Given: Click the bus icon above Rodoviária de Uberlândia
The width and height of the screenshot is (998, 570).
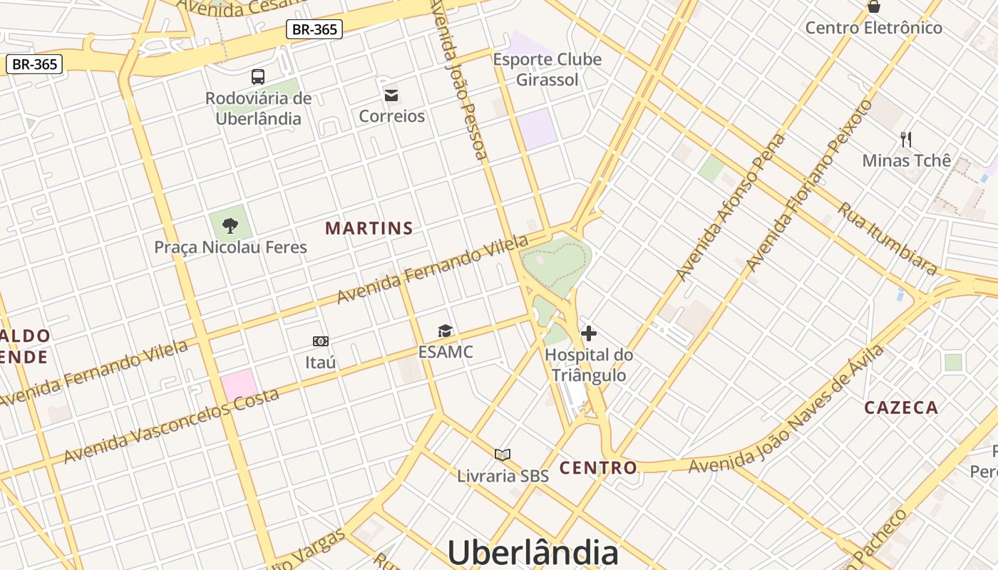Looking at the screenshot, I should (x=258, y=77).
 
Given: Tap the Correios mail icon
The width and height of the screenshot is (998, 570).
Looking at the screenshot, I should (x=391, y=95).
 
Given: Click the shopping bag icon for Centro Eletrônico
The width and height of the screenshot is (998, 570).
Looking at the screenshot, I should (x=873, y=6).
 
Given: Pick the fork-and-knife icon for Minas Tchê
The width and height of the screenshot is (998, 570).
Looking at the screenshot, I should (x=906, y=139).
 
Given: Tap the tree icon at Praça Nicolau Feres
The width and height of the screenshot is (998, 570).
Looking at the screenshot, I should (x=230, y=226).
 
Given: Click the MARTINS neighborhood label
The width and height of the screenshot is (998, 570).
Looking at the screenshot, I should (x=369, y=229).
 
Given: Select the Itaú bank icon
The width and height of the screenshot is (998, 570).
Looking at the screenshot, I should (x=321, y=341).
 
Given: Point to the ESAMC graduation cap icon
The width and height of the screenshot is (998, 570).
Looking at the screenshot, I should (x=446, y=331).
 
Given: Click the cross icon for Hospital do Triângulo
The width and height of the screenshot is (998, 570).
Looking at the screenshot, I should (x=589, y=333).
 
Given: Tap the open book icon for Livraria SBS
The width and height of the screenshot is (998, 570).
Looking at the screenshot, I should (x=503, y=455).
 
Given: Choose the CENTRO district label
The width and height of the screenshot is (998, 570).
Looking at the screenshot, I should (x=598, y=468).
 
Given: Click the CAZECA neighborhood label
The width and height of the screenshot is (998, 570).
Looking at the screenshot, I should (x=901, y=408).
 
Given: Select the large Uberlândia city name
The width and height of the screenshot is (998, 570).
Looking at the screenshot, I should (x=533, y=552).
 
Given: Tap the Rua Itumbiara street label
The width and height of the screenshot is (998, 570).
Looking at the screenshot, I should (x=887, y=239).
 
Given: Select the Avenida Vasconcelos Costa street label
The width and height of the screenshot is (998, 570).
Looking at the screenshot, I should (x=171, y=425).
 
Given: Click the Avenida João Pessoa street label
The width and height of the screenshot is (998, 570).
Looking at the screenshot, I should (x=460, y=78).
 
